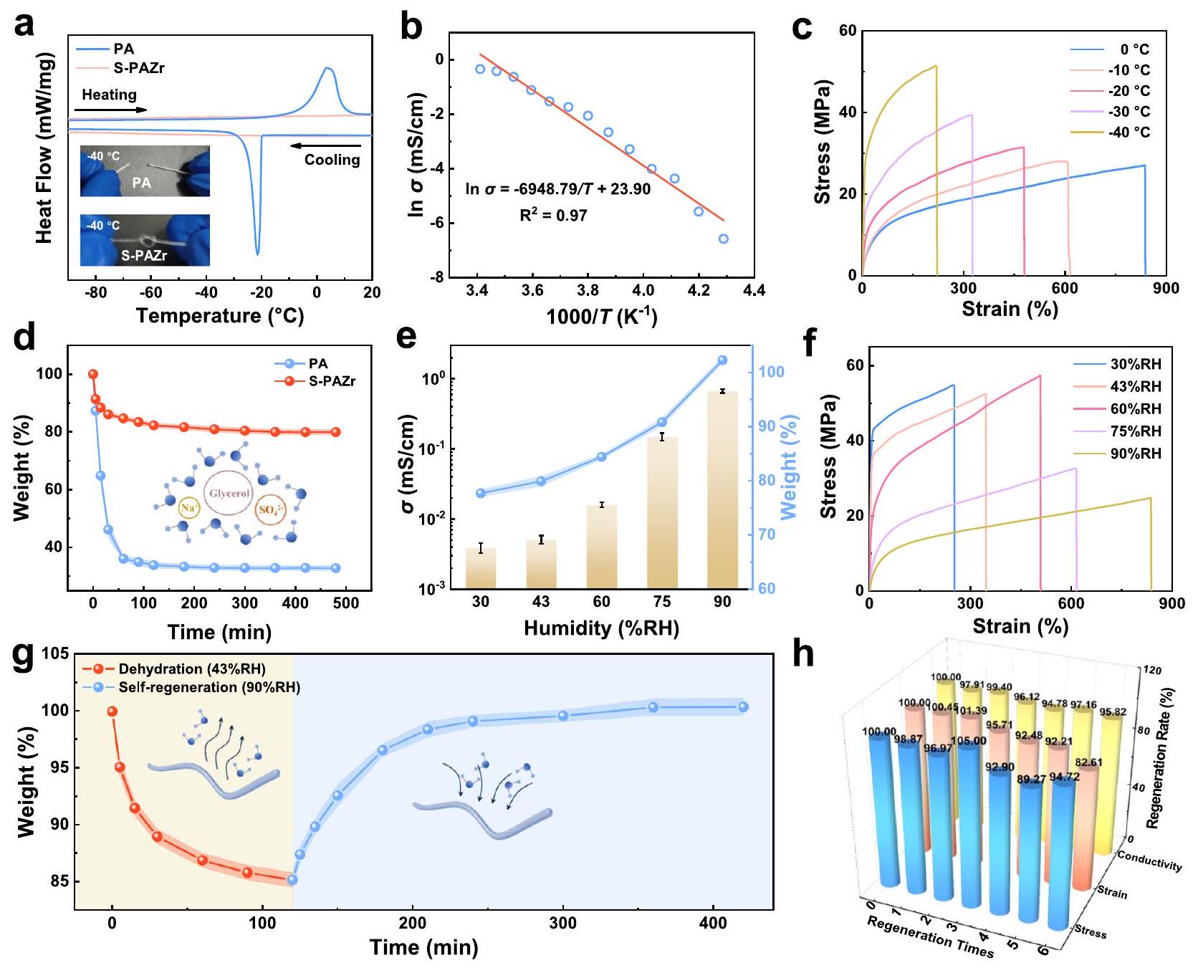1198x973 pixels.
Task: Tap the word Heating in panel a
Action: [109, 95]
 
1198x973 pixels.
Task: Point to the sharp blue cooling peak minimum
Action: [257, 254]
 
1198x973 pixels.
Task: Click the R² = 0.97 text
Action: [553, 214]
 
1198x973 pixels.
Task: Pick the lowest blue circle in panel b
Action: [723, 239]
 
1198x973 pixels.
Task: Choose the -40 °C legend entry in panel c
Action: [1129, 133]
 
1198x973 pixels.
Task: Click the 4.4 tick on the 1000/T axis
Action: [754, 290]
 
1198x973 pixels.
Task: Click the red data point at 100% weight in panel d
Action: [92, 374]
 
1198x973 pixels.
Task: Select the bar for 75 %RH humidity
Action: [661, 512]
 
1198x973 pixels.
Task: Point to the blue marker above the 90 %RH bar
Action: [722, 360]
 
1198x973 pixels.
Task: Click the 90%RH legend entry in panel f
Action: [1136, 454]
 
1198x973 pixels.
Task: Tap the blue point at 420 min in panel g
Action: [743, 707]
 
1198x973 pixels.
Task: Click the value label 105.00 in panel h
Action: [968, 742]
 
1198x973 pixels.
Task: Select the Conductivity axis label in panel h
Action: [1150, 861]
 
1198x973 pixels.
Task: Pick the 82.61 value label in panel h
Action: [1088, 762]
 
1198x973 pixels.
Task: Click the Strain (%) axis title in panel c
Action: [1010, 309]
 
